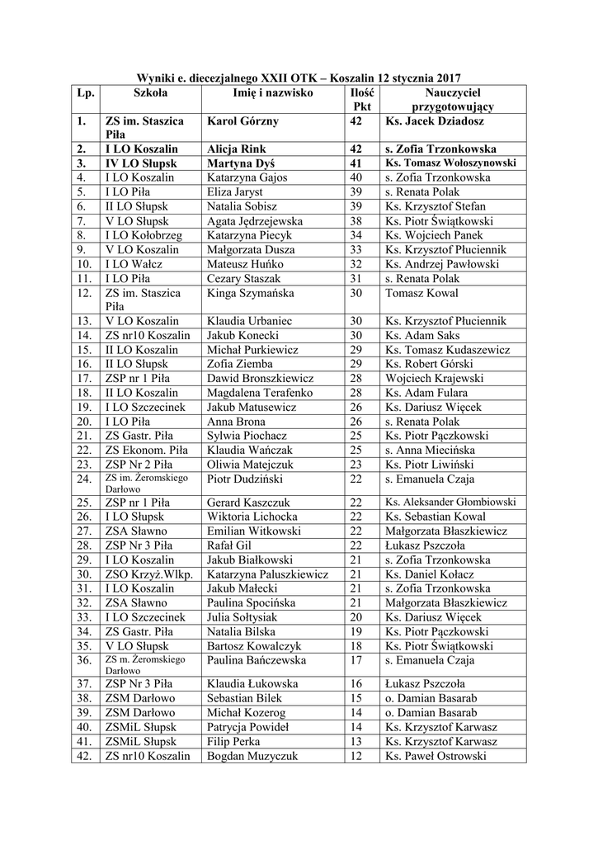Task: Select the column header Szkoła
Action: [150, 93]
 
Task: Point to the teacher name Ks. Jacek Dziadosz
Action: [434, 121]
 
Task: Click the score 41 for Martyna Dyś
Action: [356, 163]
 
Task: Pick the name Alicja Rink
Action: [237, 149]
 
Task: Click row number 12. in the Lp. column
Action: [83, 292]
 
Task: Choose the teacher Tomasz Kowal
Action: [422, 292]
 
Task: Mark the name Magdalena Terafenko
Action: [261, 393]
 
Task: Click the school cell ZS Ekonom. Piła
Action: [146, 450]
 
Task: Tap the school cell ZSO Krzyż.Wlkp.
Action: [148, 574]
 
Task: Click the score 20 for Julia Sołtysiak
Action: [356, 616]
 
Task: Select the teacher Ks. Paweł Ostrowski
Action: [436, 755]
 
